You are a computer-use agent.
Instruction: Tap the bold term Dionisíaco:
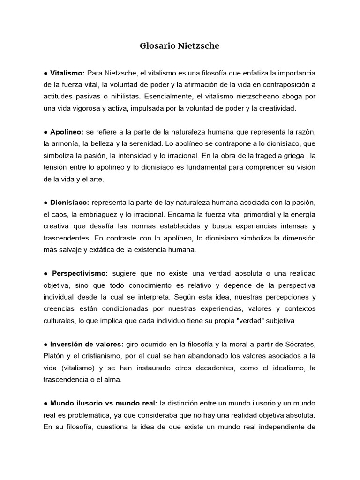pyautogui.click(x=70, y=202)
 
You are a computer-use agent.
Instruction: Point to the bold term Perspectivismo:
pyautogui.click(x=80, y=273)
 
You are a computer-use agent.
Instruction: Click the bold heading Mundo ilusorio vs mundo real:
pyautogui.click(x=104, y=403)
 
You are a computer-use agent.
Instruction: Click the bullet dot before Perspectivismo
pyautogui.click(x=45, y=273)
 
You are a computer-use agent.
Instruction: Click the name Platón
pyautogui.click(x=54, y=356)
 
